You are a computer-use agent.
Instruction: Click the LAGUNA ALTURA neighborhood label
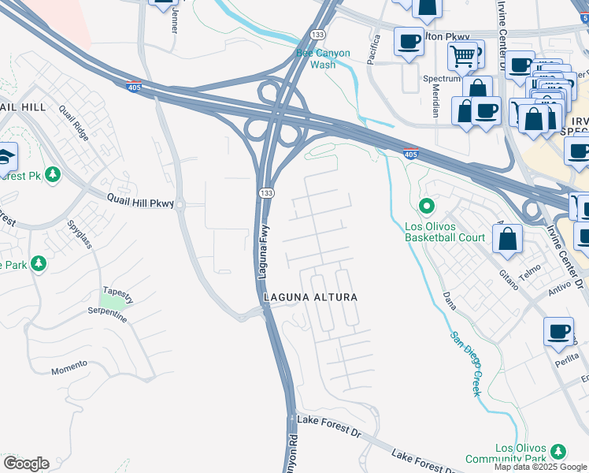310,297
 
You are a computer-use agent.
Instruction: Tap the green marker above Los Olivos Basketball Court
427,207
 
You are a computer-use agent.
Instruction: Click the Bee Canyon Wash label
326,59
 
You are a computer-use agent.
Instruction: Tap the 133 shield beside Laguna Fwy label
268,193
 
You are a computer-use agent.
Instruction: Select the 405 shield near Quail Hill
134,88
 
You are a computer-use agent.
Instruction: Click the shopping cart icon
462,55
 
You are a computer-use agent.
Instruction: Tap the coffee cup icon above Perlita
558,331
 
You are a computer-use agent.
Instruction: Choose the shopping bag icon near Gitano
509,237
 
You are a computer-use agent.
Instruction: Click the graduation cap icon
6,155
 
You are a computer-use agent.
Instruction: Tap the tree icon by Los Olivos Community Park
558,450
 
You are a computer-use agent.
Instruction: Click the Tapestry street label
117,289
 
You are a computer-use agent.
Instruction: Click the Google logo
26,464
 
